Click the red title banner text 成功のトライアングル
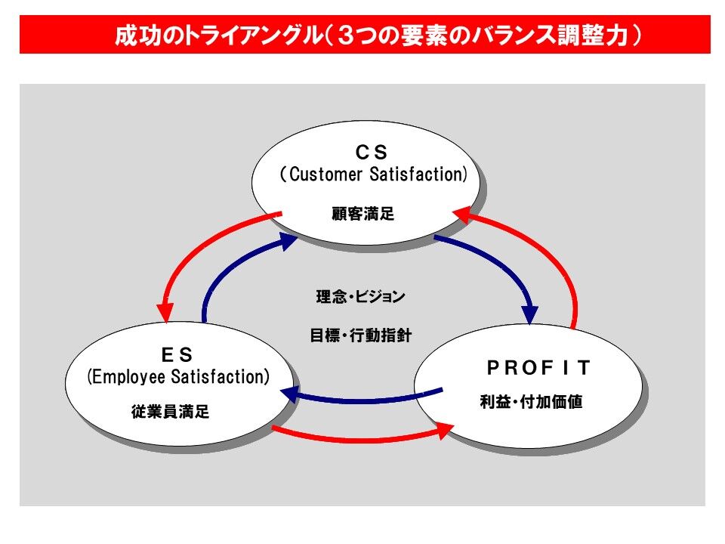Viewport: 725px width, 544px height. tap(218, 36)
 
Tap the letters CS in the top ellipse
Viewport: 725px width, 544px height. tap(372, 152)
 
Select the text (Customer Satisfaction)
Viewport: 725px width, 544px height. tap(374, 175)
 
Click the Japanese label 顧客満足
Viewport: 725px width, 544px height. tap(363, 214)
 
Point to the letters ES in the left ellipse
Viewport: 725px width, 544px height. tap(177, 355)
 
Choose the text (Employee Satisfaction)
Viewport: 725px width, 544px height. tap(178, 376)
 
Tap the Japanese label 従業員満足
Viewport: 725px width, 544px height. tap(170, 411)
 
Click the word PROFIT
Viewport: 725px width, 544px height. tap(539, 368)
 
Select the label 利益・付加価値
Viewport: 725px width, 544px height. tap(531, 401)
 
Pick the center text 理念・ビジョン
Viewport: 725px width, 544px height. tap(361, 296)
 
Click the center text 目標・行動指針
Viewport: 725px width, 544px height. tap(361, 335)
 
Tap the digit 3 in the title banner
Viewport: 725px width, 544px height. tap(346, 36)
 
